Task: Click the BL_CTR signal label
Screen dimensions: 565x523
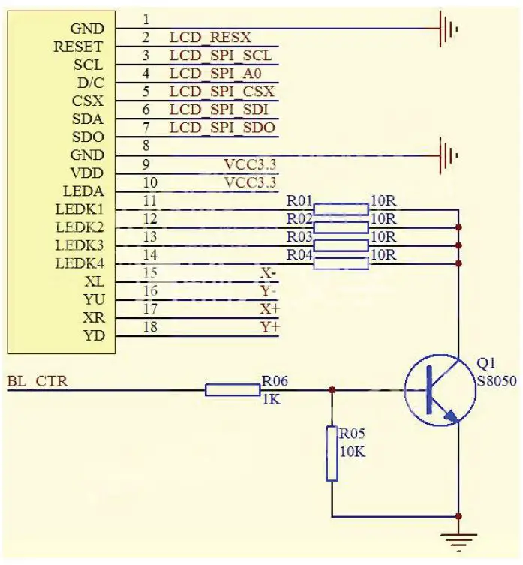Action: coord(38,381)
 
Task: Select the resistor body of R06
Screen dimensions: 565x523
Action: coord(233,389)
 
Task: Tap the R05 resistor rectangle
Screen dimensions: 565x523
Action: coord(332,453)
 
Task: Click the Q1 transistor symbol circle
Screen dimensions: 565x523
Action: coord(440,390)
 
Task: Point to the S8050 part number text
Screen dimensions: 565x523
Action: coord(497,381)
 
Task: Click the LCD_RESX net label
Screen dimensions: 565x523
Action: coord(210,37)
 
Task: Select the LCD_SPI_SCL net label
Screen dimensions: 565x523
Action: coord(221,56)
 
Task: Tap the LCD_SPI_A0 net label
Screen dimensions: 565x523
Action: coord(218,74)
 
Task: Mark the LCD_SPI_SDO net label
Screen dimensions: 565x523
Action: coord(222,128)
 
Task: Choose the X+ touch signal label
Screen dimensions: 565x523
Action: coord(269,308)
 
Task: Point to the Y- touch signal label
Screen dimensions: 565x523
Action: coord(269,290)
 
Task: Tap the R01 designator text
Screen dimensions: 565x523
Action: coord(299,200)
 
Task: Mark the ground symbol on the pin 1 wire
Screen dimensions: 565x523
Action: coord(449,29)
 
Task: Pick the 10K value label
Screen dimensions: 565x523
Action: coord(352,452)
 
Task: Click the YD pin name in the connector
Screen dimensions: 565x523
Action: coord(94,335)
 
